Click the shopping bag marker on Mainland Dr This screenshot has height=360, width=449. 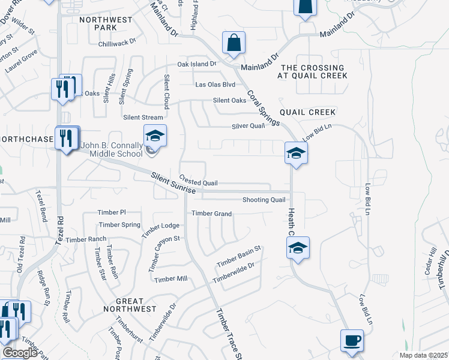(x=234, y=43)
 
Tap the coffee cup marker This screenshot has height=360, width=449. (x=352, y=341)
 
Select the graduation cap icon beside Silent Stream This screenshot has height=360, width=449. (x=154, y=137)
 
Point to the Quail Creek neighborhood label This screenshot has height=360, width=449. (x=307, y=112)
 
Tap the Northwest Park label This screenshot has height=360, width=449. (x=106, y=23)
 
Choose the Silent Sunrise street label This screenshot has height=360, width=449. (x=173, y=182)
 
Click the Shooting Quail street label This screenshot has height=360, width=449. (x=264, y=200)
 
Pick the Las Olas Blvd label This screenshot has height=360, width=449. (x=215, y=85)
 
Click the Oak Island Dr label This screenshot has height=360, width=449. (x=196, y=64)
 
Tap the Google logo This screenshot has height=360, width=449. (x=20, y=353)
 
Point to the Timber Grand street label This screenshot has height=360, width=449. (x=211, y=214)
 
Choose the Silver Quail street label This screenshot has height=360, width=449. (x=249, y=126)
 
